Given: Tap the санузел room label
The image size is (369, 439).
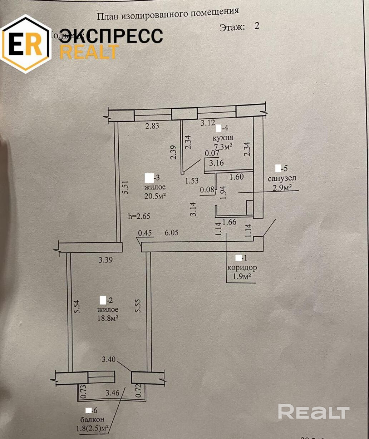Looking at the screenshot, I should coord(282,178).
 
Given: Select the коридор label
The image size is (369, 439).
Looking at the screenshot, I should coord(242,267).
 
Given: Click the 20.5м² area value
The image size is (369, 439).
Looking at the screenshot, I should coord(155,196).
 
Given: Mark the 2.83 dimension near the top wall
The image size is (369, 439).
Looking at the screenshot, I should coord(152,125).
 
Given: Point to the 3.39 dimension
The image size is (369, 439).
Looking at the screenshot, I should coord(106,260).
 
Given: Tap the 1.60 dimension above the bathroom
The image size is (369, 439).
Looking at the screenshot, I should coord(236,176).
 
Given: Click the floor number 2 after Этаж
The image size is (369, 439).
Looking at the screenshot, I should coord(256,26).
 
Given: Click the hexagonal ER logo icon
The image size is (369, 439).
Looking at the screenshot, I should coord(26,44).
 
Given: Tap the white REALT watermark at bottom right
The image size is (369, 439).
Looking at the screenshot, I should coord(313,413).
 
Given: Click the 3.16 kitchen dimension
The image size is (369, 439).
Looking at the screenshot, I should coord(216,163).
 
